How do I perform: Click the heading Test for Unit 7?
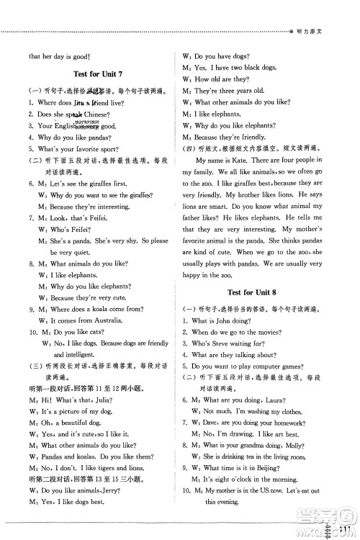point(99,75)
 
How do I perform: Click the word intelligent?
point(83,355)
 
